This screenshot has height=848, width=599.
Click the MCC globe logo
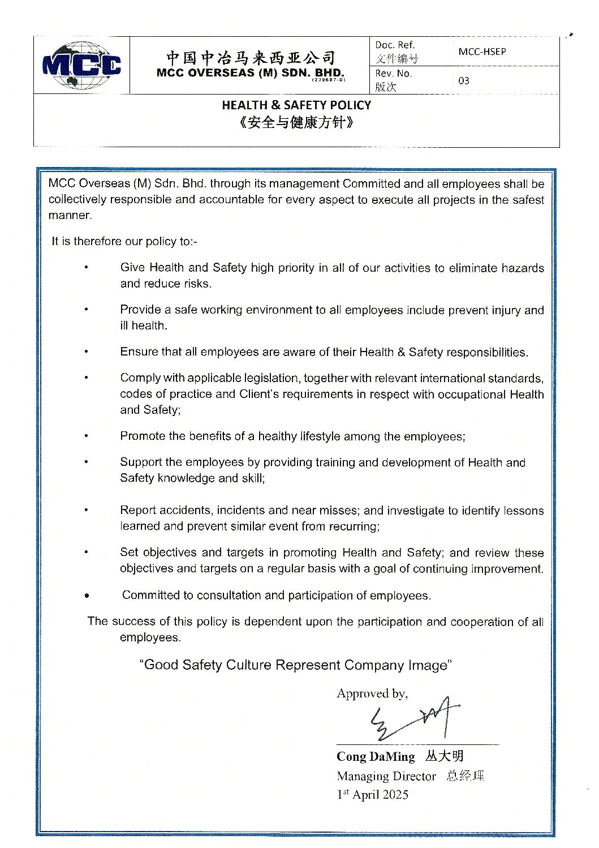[81, 65]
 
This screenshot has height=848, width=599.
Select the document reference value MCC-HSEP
[482, 52]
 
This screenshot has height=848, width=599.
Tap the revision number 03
[464, 80]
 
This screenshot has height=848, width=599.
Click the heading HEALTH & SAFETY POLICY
[296, 105]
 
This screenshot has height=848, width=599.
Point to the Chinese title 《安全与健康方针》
[296, 122]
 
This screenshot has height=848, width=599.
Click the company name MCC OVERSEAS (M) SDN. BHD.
[250, 73]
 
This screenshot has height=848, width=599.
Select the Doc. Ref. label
[395, 45]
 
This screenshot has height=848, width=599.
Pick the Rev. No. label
[394, 74]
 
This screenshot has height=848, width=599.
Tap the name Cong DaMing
[376, 757]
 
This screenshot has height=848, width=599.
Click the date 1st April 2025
[373, 795]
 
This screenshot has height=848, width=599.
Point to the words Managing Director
[386, 776]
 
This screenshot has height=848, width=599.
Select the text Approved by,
[372, 693]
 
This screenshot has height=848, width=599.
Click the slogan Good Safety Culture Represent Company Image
[295, 665]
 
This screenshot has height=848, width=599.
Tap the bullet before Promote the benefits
[87, 436]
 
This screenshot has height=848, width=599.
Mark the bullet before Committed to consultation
[87, 596]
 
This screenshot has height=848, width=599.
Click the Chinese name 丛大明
[445, 756]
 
